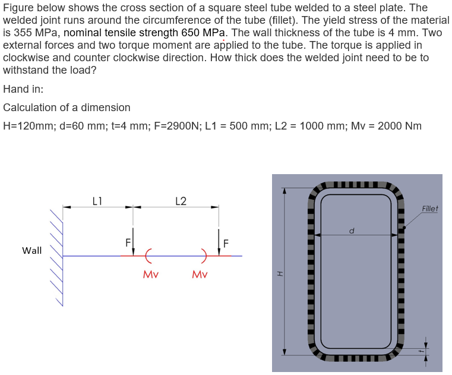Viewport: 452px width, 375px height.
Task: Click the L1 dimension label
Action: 99,201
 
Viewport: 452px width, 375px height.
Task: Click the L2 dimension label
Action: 181,201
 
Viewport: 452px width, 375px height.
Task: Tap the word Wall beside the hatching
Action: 32,250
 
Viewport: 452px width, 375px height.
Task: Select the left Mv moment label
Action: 150,275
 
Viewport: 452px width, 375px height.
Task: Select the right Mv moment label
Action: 200,275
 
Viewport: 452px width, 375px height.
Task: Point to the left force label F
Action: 127,242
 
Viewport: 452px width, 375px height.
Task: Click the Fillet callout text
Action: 429,209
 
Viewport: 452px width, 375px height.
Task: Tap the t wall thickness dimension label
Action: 420,351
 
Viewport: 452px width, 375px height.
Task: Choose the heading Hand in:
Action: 23,89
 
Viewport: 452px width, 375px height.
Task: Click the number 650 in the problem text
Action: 189,33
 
